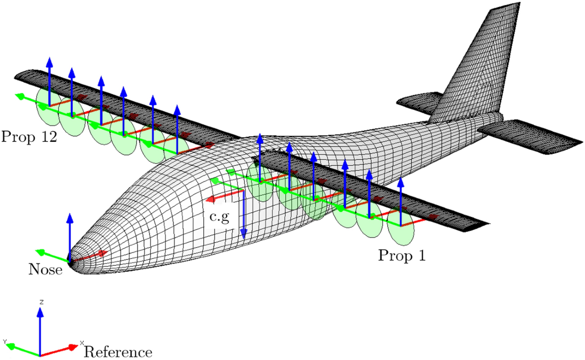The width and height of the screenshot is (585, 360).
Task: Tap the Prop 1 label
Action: coord(402,256)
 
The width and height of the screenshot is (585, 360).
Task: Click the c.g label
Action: coord(220,218)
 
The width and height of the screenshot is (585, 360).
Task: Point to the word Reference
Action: coord(118,352)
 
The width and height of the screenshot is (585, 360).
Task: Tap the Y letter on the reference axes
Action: coord(4,341)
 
